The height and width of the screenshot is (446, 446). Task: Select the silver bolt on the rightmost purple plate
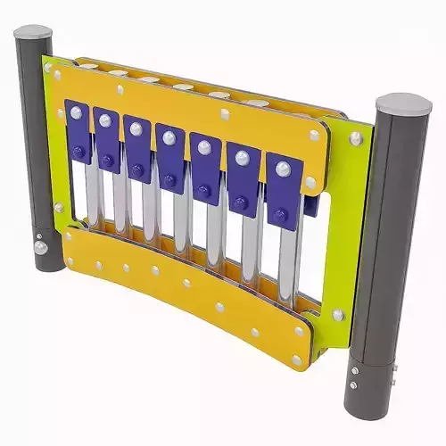(283, 169)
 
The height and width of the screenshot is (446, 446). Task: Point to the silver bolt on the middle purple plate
(169, 138)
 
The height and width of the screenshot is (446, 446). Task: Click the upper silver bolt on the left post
(38, 239)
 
